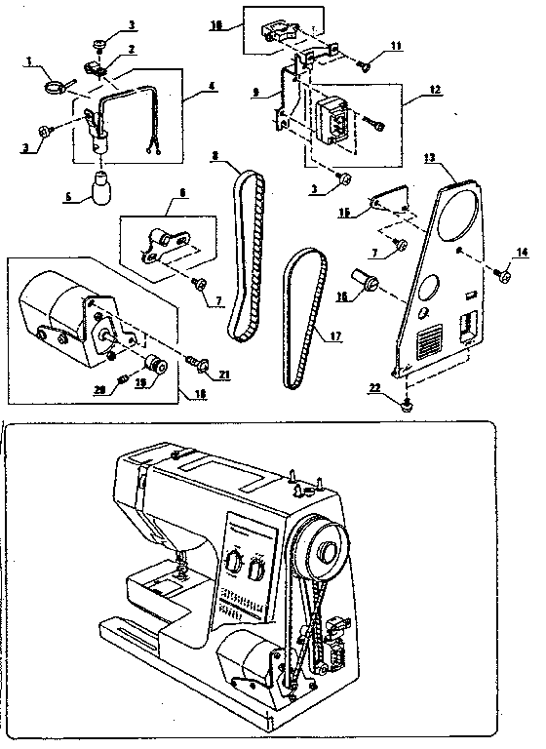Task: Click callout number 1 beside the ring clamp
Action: [x=30, y=61]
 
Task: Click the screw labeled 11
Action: [x=363, y=66]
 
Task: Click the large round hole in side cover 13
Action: [x=458, y=218]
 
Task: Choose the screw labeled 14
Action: [x=504, y=276]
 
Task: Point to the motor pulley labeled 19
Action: [x=153, y=368]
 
